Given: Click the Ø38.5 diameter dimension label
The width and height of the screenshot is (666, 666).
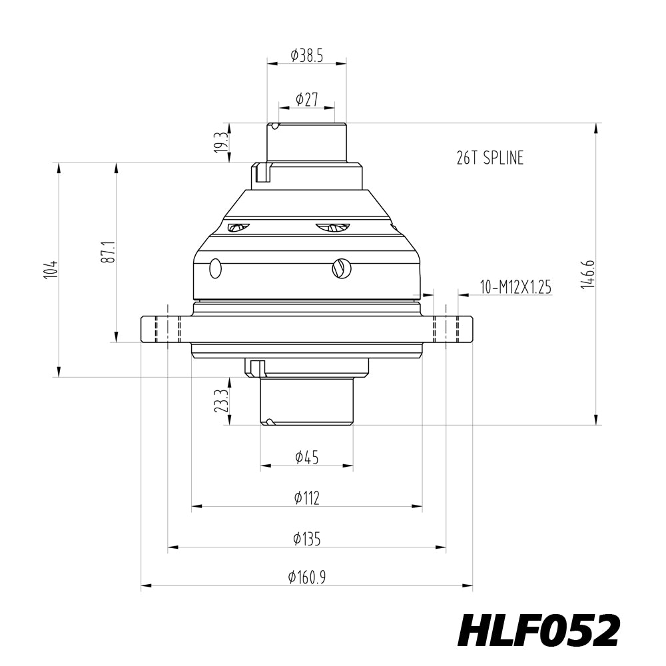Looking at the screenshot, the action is tap(306, 56).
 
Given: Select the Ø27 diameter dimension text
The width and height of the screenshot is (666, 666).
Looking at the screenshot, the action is tap(306, 100).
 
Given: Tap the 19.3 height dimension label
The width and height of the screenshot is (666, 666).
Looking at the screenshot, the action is tap(221, 142).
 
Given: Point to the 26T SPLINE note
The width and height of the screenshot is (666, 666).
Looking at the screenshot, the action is tap(490, 158).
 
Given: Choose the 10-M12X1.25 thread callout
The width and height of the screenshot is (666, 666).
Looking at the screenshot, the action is tap(515, 287).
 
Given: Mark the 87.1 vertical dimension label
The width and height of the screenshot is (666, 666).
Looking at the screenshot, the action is tap(108, 252).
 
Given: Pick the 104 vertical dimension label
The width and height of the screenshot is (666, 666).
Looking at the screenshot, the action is tap(51, 269).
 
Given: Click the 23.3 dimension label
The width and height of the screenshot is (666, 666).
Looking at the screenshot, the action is tap(221, 401).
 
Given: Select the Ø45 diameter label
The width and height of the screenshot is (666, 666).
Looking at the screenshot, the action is tap(306, 458).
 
